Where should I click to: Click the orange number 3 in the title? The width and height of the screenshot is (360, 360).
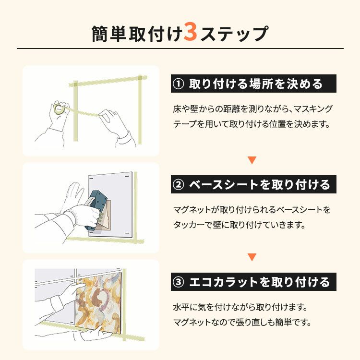pos(191,32)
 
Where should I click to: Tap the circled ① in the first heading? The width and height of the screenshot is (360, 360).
pos(178,84)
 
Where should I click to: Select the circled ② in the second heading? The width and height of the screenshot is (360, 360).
pos(178,185)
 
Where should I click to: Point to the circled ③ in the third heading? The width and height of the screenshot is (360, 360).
pos(178,282)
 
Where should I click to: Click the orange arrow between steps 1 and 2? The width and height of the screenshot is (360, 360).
pos(252,160)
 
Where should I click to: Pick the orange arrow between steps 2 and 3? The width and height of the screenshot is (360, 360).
pos(252,257)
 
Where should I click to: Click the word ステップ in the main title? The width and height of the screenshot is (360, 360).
pos(234,34)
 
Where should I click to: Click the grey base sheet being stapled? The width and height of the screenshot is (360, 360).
pos(111,205)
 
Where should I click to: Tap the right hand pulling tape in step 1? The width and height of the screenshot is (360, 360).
pos(115,125)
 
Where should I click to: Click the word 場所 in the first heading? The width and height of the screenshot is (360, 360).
pos(262,84)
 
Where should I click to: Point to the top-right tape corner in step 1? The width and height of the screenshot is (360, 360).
pos(140,78)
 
